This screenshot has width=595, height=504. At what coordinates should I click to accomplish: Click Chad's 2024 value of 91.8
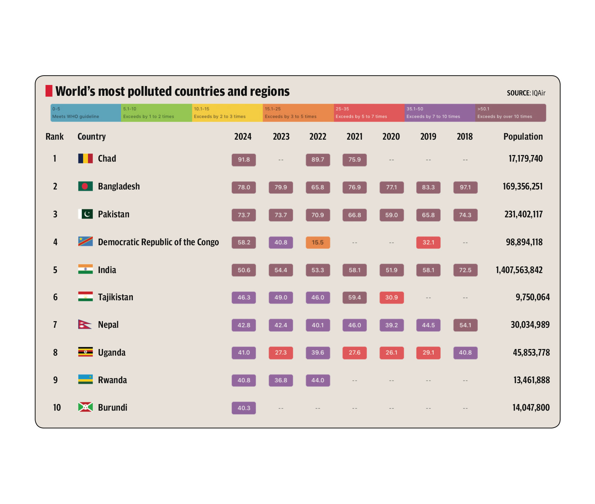[x=244, y=160]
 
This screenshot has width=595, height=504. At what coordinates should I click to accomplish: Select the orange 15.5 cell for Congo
[x=317, y=242]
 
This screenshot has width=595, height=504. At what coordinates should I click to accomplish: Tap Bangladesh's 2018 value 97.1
[x=465, y=187]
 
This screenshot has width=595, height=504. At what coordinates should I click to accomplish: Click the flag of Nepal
[x=85, y=325]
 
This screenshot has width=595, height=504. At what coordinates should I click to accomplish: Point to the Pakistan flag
[x=86, y=214]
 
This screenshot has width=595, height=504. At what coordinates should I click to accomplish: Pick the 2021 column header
[x=354, y=137]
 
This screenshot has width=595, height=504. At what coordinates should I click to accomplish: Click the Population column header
[x=523, y=137]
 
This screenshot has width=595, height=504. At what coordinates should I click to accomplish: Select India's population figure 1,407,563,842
[x=519, y=270]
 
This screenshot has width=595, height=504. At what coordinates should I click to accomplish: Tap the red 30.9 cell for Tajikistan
[x=392, y=297]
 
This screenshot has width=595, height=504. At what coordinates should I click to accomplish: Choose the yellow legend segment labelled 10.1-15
[x=227, y=113]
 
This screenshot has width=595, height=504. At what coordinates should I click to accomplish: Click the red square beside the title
[x=49, y=91]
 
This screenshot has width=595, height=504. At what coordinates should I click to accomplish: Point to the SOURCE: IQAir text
[x=526, y=93]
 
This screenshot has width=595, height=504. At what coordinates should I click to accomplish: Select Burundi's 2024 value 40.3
[x=244, y=408]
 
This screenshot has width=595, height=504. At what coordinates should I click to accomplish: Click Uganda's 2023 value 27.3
[x=281, y=352]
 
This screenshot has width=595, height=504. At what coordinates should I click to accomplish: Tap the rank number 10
[x=57, y=408]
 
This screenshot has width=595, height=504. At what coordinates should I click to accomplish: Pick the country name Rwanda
[x=112, y=380]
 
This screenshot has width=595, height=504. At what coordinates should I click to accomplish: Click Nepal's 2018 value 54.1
[x=465, y=325]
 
